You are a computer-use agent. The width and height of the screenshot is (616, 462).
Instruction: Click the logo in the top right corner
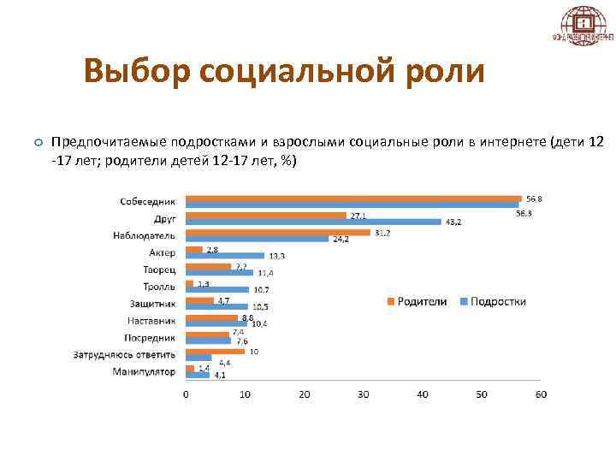[x=582, y=27]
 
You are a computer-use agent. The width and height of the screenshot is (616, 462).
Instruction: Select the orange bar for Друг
[x=265, y=215]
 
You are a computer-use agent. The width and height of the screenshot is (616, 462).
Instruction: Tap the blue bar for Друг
[x=312, y=222]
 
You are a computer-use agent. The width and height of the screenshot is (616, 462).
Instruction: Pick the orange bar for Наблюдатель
[x=277, y=232]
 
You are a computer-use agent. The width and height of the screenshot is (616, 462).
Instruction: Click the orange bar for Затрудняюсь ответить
[x=215, y=351]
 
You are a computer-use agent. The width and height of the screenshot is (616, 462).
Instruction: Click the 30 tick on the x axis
[x=364, y=394]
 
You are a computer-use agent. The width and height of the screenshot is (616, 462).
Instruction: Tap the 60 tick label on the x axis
[x=540, y=394]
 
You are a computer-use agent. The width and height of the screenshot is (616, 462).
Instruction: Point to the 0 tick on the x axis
[x=187, y=394]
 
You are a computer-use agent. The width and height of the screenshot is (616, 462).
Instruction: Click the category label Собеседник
[x=146, y=201]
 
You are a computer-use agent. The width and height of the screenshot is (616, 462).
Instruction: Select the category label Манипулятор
[x=144, y=372]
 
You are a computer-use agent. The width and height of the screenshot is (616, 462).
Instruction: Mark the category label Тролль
[x=159, y=287]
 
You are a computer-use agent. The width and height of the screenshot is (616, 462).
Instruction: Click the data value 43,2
[x=454, y=222]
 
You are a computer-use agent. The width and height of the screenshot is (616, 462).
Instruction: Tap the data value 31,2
[x=382, y=232]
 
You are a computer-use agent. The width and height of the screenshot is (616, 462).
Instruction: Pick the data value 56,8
[x=535, y=198]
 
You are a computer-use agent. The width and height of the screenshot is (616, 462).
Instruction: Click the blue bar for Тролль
[x=216, y=290]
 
